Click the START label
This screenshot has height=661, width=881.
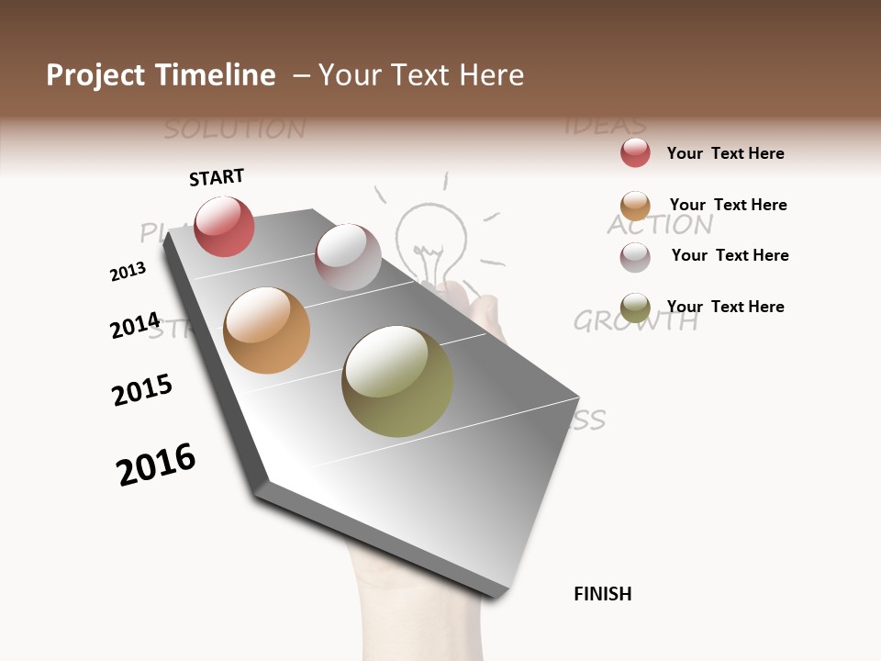pyautogui.click(x=217, y=177)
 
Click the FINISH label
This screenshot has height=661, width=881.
pyautogui.click(x=602, y=594)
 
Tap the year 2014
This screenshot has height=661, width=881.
pyautogui.click(x=135, y=326)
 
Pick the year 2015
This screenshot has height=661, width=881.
pyautogui.click(x=142, y=390)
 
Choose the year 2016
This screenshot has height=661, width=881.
pyautogui.click(x=156, y=465)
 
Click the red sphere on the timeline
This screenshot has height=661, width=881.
pyautogui.click(x=224, y=227)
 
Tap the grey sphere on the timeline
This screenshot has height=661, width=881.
pyautogui.click(x=348, y=257)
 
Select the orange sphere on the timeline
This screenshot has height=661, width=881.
pyautogui.click(x=267, y=330)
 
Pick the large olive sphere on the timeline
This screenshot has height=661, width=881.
pyautogui.click(x=397, y=381)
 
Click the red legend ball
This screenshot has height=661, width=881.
pyautogui.click(x=635, y=152)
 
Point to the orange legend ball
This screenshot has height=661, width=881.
pyautogui.click(x=635, y=205)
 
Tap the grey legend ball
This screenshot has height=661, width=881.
pyautogui.click(x=635, y=256)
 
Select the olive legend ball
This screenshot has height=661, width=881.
pyautogui.click(x=635, y=307)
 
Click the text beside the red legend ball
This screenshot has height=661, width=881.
pyautogui.click(x=725, y=153)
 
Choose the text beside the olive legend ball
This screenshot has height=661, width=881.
pyautogui.click(x=725, y=307)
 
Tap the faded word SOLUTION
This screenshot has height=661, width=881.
pyautogui.click(x=234, y=129)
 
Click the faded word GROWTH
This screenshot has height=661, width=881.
pyautogui.click(x=635, y=321)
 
